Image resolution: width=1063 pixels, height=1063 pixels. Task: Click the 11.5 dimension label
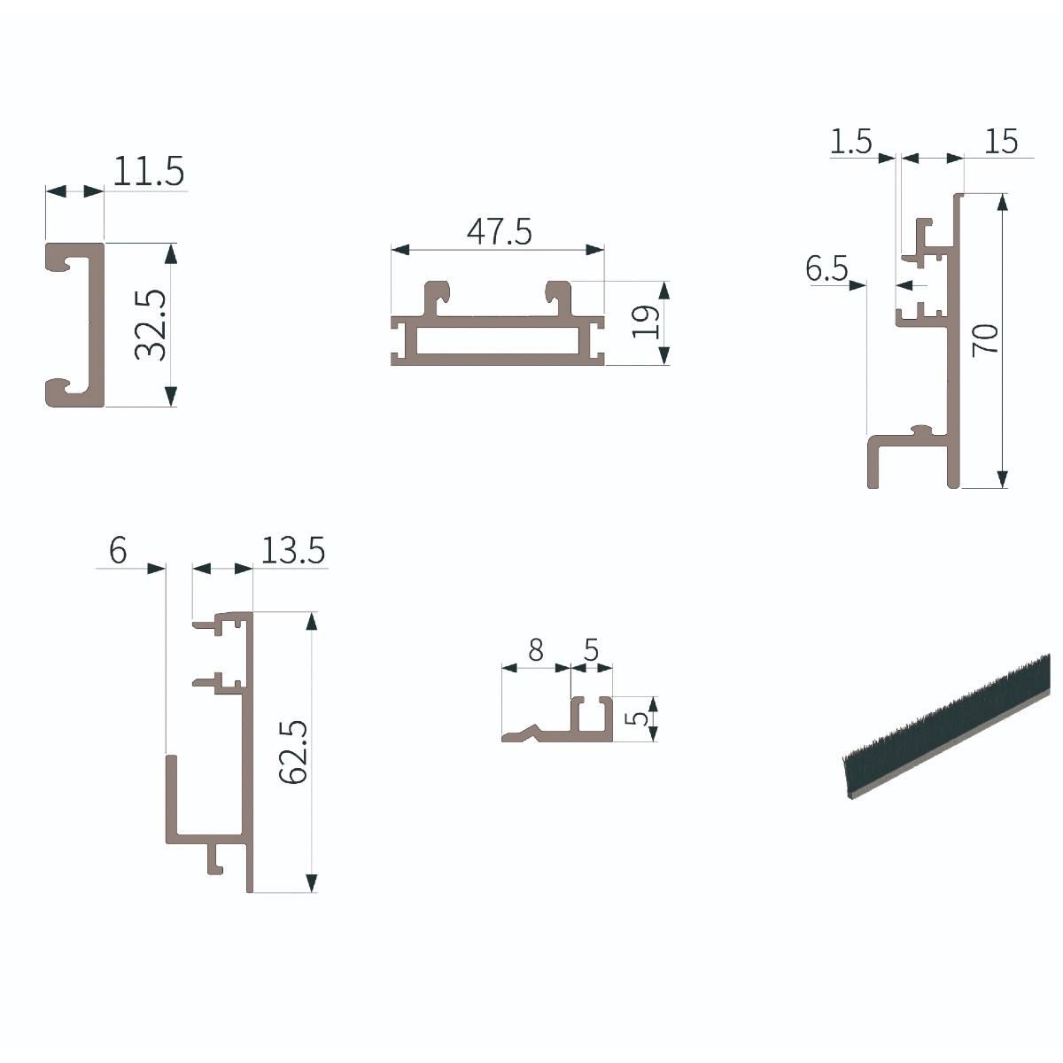tap(149, 171)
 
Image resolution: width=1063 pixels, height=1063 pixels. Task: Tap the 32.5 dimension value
tap(151, 325)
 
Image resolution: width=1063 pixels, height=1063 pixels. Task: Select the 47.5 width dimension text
tap(500, 232)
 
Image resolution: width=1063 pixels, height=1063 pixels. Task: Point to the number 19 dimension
tap(646, 322)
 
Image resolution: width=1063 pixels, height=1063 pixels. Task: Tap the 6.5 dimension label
tap(826, 269)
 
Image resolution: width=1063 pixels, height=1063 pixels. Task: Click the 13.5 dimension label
tap(293, 550)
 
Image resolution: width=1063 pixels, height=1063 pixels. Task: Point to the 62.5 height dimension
tap(293, 751)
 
